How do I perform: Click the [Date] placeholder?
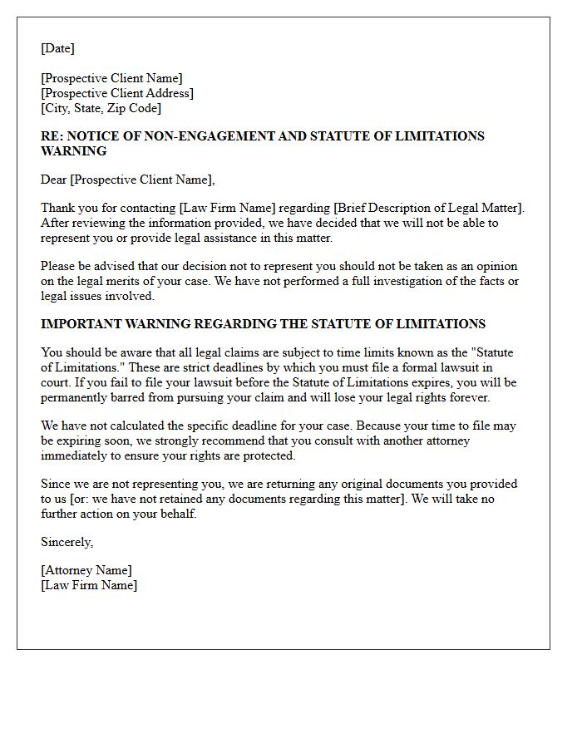[x=57, y=48]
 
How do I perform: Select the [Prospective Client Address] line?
[x=117, y=93]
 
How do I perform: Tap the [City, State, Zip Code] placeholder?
[x=101, y=108]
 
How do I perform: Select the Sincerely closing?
[x=67, y=542]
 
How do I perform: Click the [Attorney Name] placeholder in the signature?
[x=86, y=570]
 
